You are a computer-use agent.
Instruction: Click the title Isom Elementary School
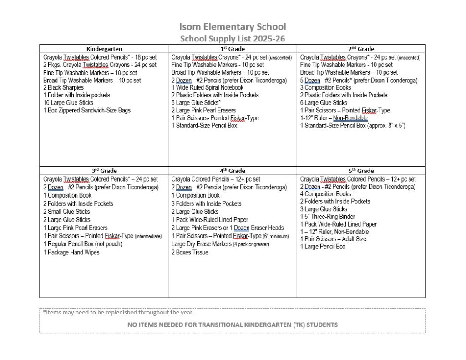pyautogui.click(x=233, y=27)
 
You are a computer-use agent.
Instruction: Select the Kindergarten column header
pyautogui.click(x=104, y=49)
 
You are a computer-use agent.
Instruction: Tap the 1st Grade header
pyautogui.click(x=232, y=49)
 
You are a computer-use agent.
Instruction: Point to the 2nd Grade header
pyautogui.click(x=361, y=49)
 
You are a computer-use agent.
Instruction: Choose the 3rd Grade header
pyautogui.click(x=104, y=171)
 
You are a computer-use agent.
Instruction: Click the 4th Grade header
pyautogui.click(x=232, y=171)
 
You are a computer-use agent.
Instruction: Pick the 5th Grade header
pyautogui.click(x=361, y=171)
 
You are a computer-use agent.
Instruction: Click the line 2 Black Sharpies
pyautogui.click(x=64, y=87)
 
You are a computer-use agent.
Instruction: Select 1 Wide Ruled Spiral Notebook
pyautogui.click(x=208, y=87)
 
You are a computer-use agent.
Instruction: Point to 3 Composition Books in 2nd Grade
pyautogui.click(x=325, y=87)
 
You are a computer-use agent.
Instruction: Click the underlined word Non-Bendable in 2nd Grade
pyautogui.click(x=350, y=118)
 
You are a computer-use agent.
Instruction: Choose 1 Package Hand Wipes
pyautogui.click(x=71, y=252)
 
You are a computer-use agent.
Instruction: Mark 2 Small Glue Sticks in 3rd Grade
pyautogui.click(x=66, y=212)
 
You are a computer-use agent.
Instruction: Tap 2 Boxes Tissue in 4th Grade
pyautogui.click(x=190, y=252)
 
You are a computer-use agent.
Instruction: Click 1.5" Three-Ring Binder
pyautogui.click(x=327, y=217)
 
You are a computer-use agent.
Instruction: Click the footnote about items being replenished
pyautogui.click(x=118, y=312)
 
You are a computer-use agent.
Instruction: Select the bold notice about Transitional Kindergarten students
pyautogui.click(x=233, y=325)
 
